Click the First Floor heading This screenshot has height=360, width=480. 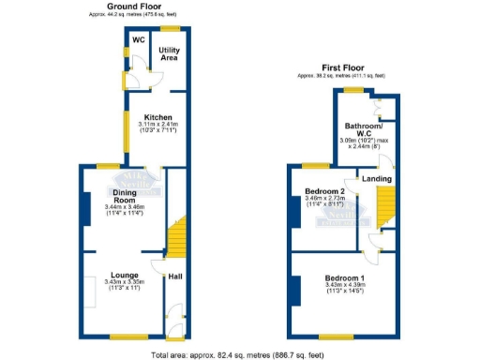click(x=344, y=68)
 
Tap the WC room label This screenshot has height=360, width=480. click(x=138, y=40)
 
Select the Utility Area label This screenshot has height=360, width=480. click(x=169, y=53)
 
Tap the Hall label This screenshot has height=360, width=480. click(x=175, y=277)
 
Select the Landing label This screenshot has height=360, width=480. click(x=377, y=177)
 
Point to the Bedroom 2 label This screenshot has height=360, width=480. click(x=324, y=191)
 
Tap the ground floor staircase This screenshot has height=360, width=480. click(x=175, y=240)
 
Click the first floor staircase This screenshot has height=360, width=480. click(x=384, y=206)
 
